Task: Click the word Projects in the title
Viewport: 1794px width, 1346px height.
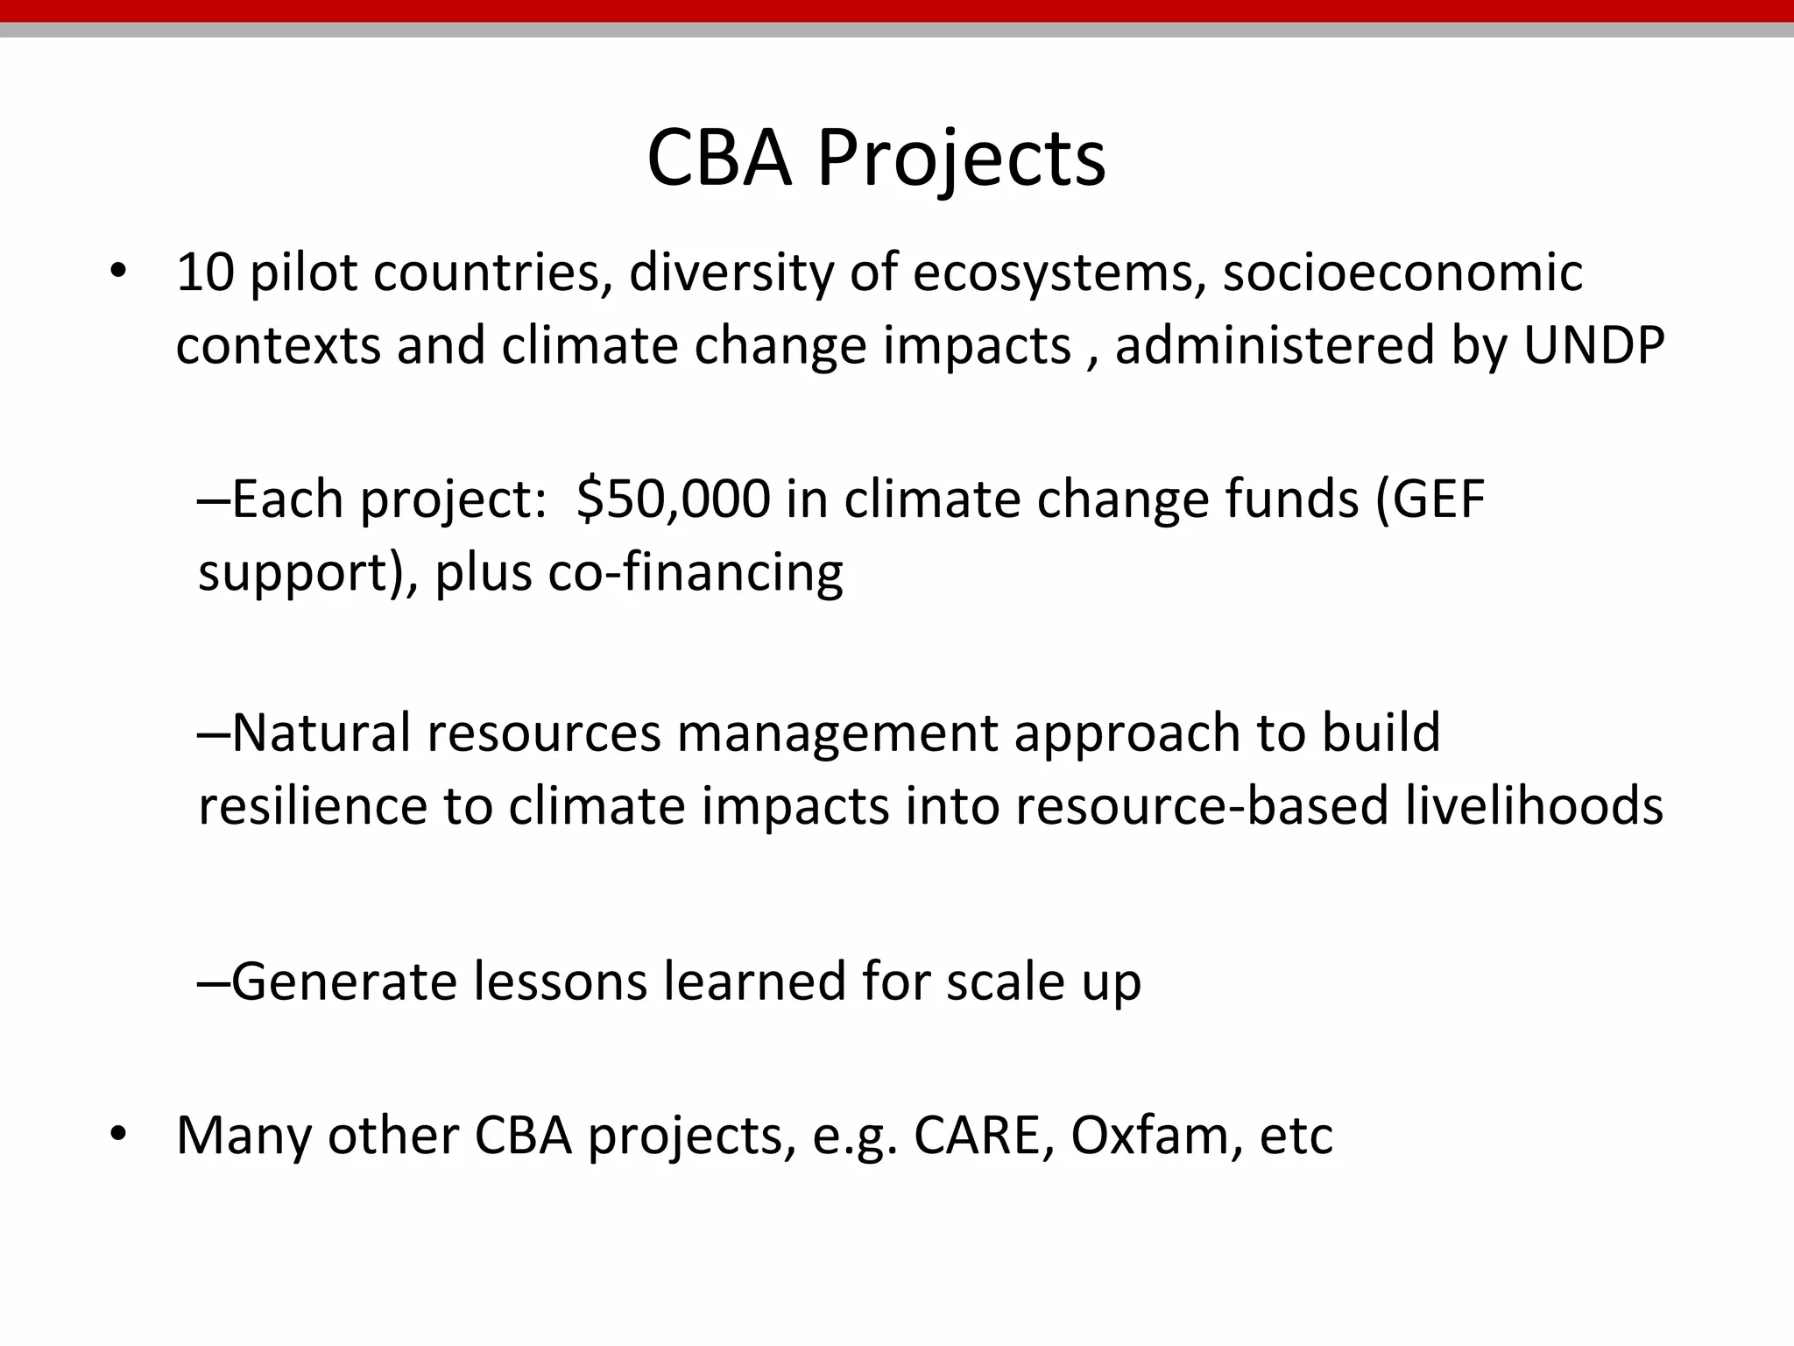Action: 961,159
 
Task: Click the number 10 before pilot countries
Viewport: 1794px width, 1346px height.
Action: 205,273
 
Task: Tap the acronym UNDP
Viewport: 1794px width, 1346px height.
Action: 1593,345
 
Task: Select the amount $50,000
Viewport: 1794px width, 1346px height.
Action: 674,499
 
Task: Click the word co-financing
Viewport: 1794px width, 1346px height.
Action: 696,572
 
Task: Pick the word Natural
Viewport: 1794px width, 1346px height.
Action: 321,733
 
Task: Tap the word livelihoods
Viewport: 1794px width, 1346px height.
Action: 1534,805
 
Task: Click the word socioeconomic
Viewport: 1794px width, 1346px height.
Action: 1402,273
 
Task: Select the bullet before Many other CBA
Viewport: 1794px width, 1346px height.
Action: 119,1136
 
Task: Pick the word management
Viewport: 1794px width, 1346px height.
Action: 837,734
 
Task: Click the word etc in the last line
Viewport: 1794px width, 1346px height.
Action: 1296,1136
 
